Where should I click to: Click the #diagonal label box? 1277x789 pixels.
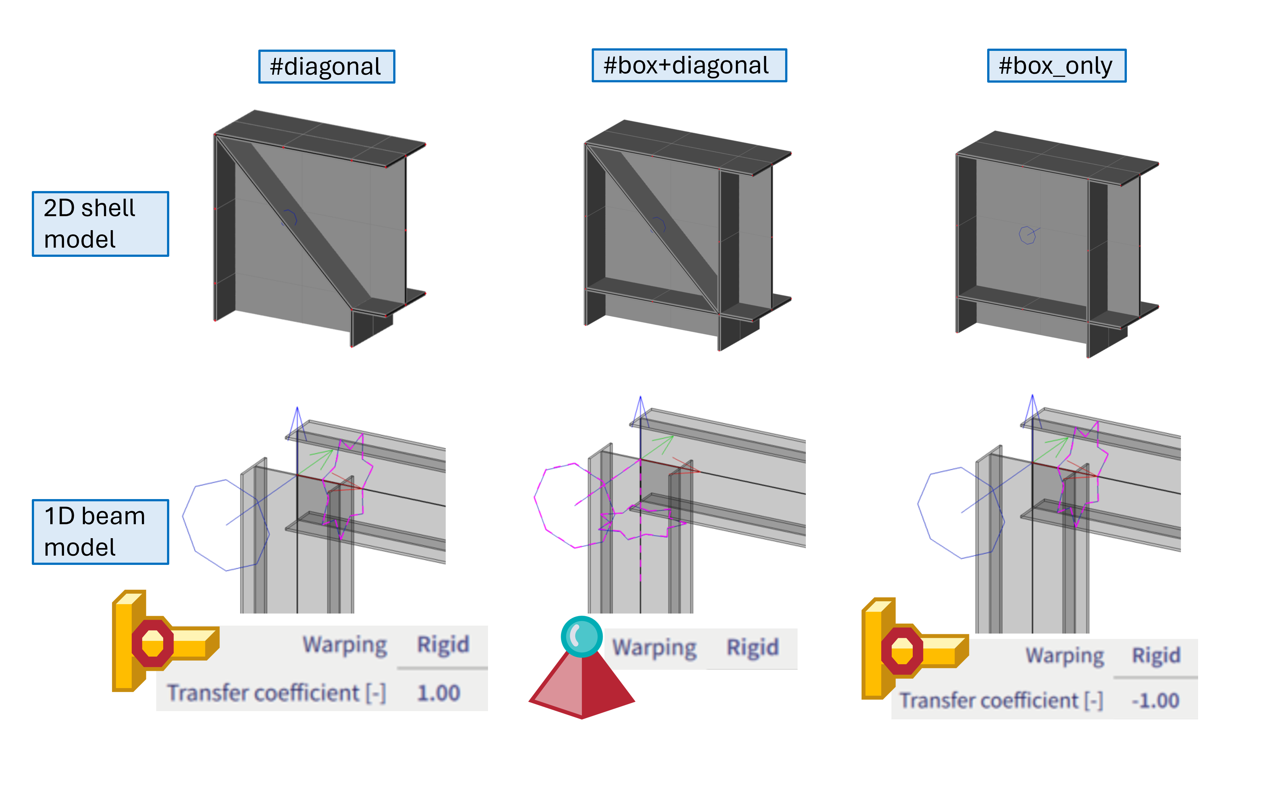click(x=326, y=66)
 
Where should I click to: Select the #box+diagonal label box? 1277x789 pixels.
click(x=689, y=65)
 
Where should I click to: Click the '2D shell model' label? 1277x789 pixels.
click(x=100, y=223)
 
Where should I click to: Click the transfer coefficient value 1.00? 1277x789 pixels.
click(x=438, y=693)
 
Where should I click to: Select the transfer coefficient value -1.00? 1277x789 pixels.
click(x=1155, y=700)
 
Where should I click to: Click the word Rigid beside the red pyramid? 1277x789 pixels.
click(x=752, y=648)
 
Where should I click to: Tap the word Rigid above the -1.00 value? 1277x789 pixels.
click(x=1155, y=655)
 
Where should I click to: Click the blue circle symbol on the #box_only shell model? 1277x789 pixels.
click(x=1027, y=235)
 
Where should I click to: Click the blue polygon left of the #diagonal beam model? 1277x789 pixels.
click(x=226, y=525)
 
